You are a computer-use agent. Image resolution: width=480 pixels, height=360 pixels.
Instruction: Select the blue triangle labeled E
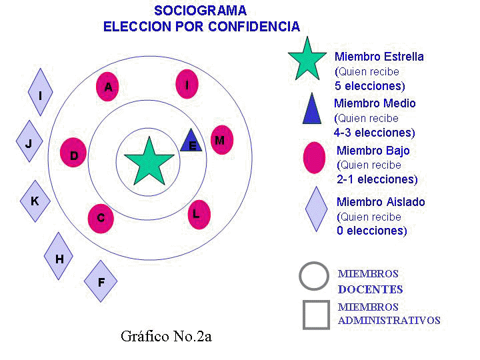tap(191, 141)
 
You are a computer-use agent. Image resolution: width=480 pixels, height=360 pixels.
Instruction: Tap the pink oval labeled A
tap(107, 86)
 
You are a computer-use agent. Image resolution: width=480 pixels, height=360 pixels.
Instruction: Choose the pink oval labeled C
tap(100, 217)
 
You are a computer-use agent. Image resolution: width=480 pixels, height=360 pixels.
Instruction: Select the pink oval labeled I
tap(187, 84)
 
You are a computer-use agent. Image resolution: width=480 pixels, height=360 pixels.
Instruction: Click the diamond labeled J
tap(29, 142)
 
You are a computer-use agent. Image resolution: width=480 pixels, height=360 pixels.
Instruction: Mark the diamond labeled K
tap(35, 200)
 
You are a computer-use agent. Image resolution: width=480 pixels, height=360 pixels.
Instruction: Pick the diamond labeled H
tap(59, 258)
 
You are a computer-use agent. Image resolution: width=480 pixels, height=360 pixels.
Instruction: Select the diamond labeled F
tap(101, 281)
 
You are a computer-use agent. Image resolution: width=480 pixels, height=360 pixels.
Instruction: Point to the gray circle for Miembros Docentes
tap(314, 277)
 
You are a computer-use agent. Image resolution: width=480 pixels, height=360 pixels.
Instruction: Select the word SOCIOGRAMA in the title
tap(200, 11)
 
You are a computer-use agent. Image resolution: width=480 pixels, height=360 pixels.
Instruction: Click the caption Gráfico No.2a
tap(166, 336)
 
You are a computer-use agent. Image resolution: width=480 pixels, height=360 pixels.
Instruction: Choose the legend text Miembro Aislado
tap(381, 202)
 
